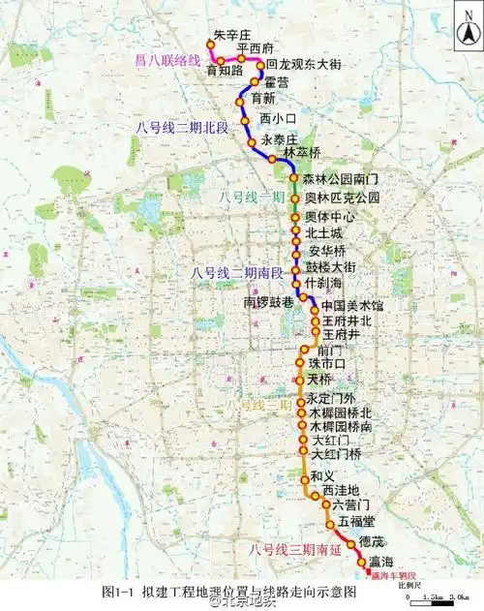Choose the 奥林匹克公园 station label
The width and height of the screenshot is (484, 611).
click(342, 198)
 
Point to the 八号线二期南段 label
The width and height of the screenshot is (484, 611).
click(238, 272)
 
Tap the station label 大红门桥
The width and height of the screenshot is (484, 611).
click(338, 453)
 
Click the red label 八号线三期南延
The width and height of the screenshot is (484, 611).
click(292, 549)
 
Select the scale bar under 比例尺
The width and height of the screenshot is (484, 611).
click(442, 596)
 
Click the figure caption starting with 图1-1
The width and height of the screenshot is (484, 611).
click(228, 592)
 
